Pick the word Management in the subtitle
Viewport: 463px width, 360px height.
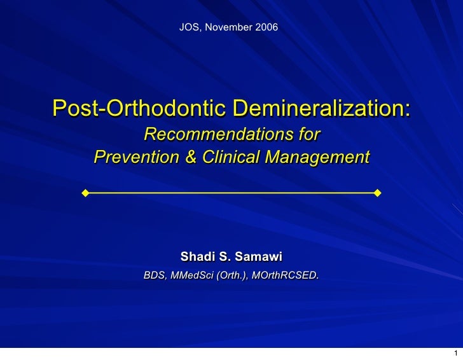(x=317, y=156)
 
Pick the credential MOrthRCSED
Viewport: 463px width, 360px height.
(x=286, y=276)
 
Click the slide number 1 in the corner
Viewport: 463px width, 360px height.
(x=456, y=354)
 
